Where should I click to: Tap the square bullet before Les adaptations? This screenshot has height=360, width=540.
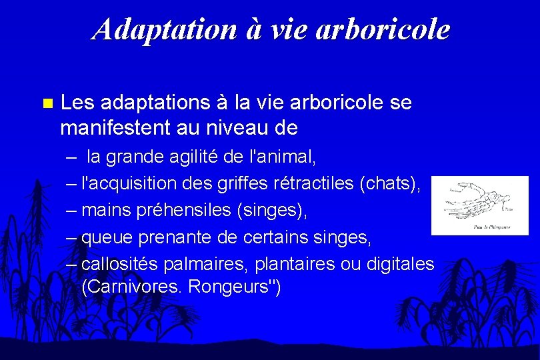46,103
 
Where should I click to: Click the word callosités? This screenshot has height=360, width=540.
119,263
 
